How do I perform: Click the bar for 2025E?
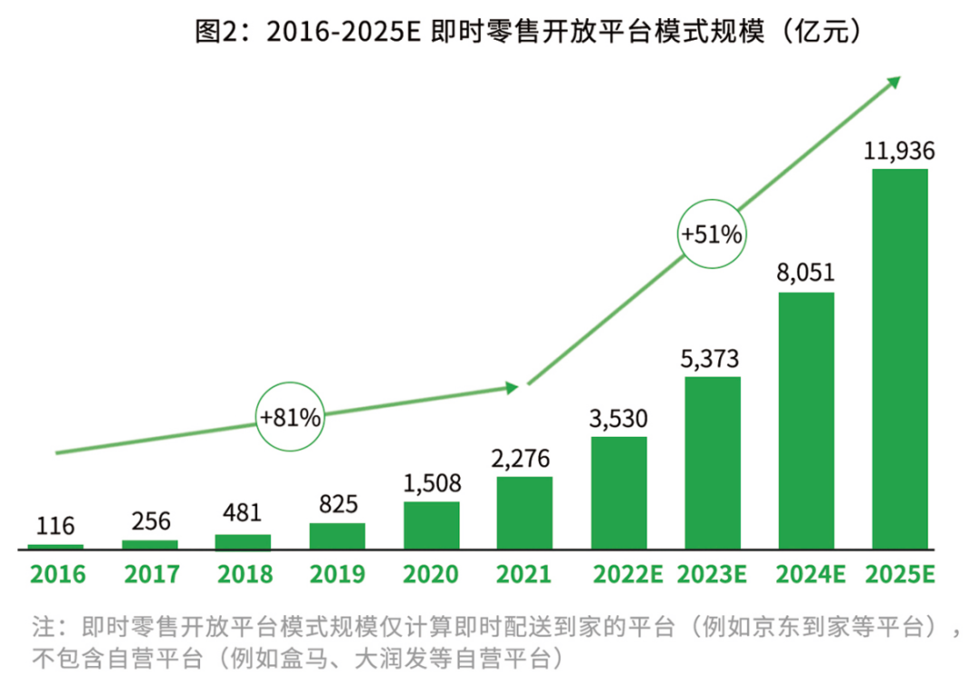click(x=899, y=358)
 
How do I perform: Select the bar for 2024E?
click(x=806, y=420)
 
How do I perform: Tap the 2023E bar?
click(x=713, y=462)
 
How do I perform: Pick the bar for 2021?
click(x=525, y=512)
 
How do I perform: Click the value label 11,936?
click(x=899, y=152)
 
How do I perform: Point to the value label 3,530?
click(x=619, y=420)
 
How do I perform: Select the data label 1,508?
click(x=432, y=483)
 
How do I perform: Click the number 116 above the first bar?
click(x=56, y=526)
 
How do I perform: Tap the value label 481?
click(x=243, y=514)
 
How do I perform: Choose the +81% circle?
click(x=290, y=418)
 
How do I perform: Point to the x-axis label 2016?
click(x=56, y=575)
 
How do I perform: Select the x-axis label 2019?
click(x=337, y=575)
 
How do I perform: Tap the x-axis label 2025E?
click(x=900, y=575)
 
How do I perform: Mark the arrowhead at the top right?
click(x=894, y=82)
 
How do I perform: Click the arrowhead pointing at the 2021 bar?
click(x=512, y=387)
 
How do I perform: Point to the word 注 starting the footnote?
click(x=43, y=625)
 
